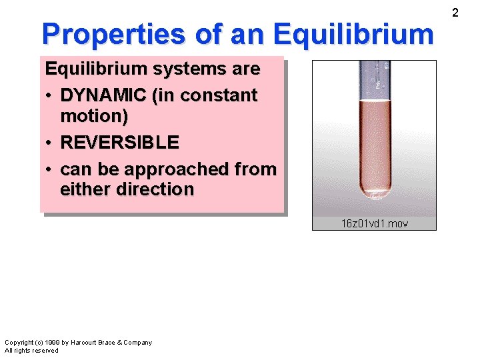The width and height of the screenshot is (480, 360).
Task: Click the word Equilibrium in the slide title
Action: point(353,33)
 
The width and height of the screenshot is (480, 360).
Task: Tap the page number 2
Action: point(455,13)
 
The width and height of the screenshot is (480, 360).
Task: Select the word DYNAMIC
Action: point(103,95)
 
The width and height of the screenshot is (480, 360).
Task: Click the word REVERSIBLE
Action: point(119,142)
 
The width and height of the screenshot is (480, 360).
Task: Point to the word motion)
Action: point(94,115)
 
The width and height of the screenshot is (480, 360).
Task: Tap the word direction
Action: point(155,189)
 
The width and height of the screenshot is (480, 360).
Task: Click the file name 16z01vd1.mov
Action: point(374,223)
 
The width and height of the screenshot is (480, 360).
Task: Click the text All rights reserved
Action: point(31,351)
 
